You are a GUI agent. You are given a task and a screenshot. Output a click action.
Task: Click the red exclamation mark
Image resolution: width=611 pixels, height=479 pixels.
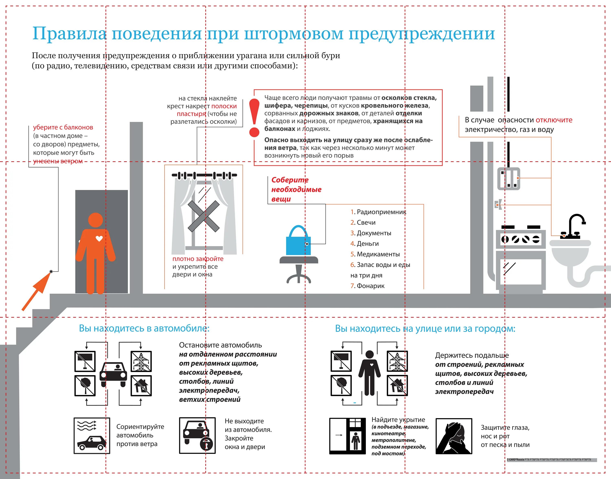(x=254, y=118)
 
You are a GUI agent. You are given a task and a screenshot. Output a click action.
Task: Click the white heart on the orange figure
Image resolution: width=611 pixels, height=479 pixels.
(x=99, y=239)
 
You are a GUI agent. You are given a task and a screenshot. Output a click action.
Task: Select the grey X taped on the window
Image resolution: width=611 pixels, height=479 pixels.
(x=204, y=216)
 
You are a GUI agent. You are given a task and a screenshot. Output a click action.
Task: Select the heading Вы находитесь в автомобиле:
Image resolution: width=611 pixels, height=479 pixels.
(x=144, y=328)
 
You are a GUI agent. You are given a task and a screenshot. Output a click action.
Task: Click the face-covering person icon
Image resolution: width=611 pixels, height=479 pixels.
(x=454, y=436)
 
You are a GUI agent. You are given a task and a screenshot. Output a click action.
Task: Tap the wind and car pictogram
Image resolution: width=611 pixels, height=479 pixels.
(x=91, y=435)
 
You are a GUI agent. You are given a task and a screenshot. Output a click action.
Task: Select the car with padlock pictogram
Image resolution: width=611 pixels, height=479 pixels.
(x=197, y=435)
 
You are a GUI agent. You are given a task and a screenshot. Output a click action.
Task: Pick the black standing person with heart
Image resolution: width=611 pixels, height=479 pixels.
(x=369, y=373)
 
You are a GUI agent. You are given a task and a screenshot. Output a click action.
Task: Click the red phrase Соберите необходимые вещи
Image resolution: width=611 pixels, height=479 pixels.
(x=296, y=189)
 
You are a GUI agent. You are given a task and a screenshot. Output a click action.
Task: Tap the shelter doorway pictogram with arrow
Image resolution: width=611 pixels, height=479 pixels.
(x=347, y=436)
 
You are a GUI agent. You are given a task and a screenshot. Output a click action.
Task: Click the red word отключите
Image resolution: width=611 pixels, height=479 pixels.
(x=554, y=120)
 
